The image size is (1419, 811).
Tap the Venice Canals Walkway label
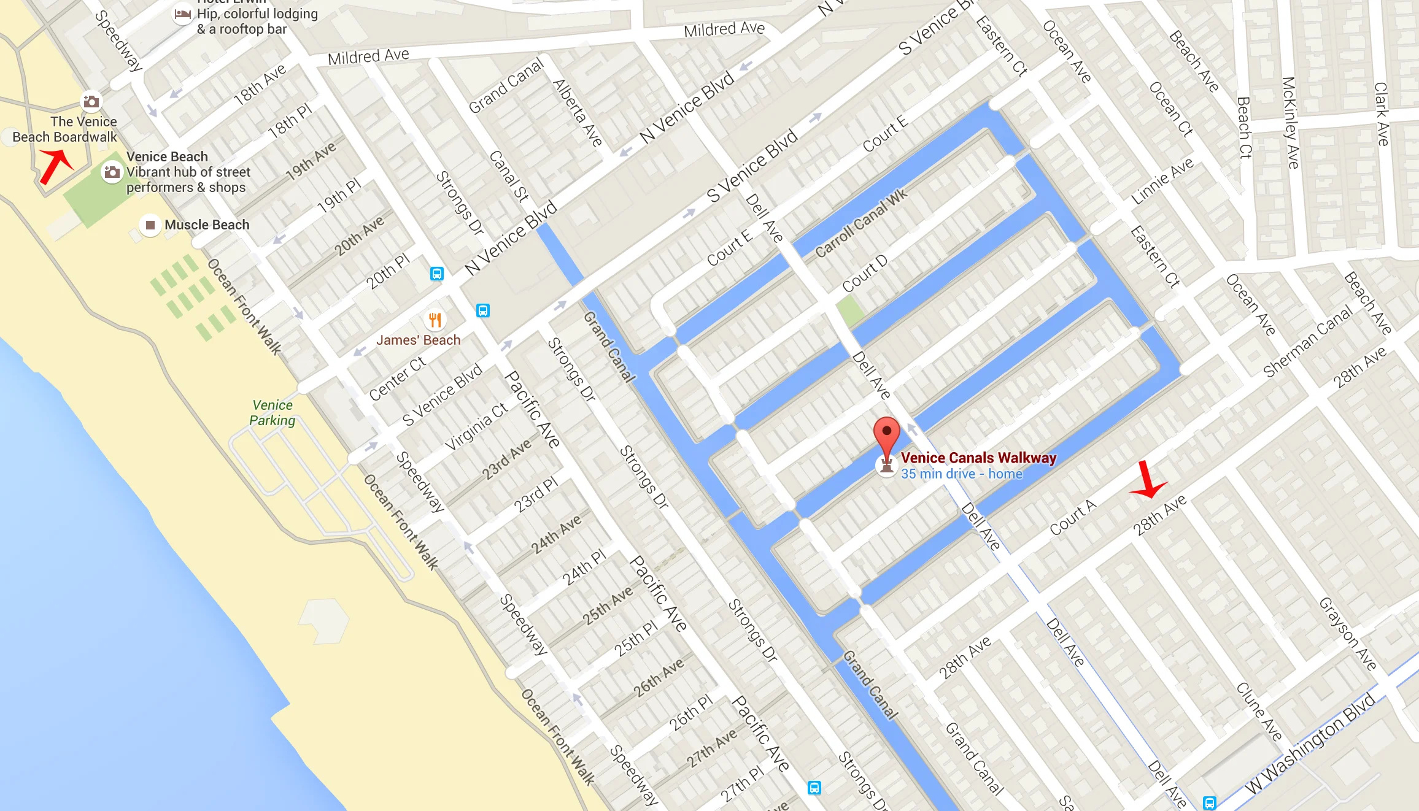[x=978, y=458]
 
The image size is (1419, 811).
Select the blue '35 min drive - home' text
[x=961, y=474]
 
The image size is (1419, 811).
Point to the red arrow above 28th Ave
[x=1146, y=481]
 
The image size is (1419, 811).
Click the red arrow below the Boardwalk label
[x=55, y=166]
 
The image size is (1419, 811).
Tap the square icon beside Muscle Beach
[x=150, y=225]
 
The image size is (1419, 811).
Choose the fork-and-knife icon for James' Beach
[x=435, y=320]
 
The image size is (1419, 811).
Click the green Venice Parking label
[x=273, y=413]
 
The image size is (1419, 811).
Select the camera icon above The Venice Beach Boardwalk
[x=91, y=101]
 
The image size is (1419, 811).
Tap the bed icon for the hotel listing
[x=182, y=13]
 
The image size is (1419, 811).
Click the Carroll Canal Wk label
[x=860, y=224]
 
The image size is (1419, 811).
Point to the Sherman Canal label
[x=1307, y=341]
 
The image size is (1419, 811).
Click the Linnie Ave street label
[x=1162, y=181]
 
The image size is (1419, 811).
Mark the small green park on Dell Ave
[x=850, y=310]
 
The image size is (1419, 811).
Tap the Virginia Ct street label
[x=476, y=426]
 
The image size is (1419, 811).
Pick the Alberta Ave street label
[x=577, y=113]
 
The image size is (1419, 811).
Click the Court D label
[x=864, y=274]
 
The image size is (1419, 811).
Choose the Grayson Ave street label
[x=1348, y=633]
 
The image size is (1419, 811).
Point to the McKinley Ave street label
[x=1290, y=123]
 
